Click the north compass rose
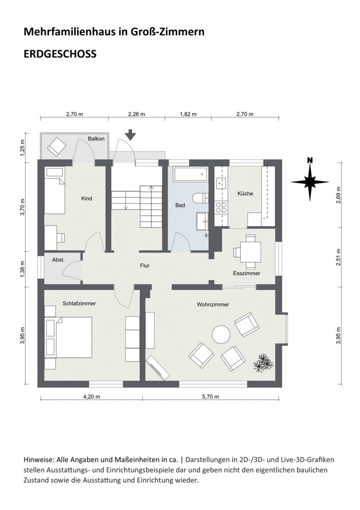[310, 181]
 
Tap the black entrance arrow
[131, 135]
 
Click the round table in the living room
[221, 335]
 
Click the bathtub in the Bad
[190, 174]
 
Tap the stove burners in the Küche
[221, 207]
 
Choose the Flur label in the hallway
[145, 266]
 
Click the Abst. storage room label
[58, 260]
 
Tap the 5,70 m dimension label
[210, 396]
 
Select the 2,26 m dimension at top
[136, 114]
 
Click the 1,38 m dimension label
[23, 269]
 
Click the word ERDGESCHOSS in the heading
[60, 54]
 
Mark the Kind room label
[86, 198]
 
